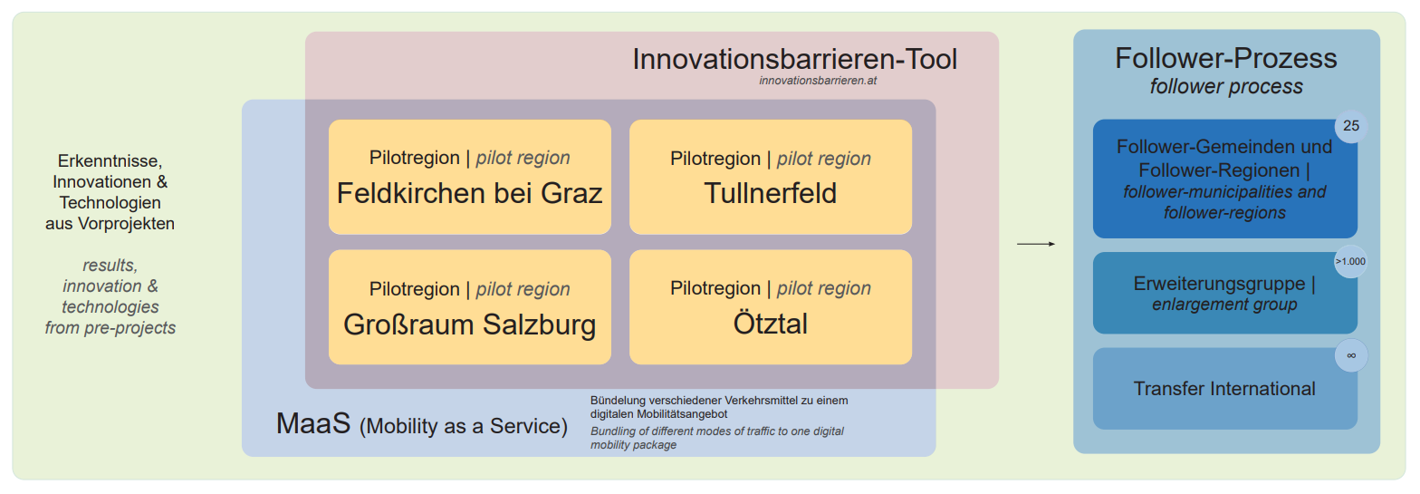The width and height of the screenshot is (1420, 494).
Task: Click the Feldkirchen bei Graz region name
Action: coord(469,193)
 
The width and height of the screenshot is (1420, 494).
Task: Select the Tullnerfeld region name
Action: coord(770,193)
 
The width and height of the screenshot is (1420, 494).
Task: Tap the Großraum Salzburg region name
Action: coord(470,324)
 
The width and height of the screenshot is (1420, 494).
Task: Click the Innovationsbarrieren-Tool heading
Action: coord(795,59)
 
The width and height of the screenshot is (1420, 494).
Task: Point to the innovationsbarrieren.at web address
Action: coord(818,81)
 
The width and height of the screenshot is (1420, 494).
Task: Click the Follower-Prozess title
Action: coord(1226,58)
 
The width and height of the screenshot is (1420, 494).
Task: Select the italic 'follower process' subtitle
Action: coord(1226,86)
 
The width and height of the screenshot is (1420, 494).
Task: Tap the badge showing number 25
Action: coord(1351,126)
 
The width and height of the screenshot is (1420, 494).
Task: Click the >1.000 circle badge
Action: coord(1351,261)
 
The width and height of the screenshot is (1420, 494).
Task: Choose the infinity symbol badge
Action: coord(1351,355)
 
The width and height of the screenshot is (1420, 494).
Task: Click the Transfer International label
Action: coord(1224,389)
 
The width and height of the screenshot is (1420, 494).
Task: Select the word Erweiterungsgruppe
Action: coord(1219,284)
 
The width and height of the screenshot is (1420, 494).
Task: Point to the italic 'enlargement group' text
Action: coord(1224,305)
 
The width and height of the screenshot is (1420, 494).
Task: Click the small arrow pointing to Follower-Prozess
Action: coord(1036,244)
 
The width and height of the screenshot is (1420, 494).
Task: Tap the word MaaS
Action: coord(313,423)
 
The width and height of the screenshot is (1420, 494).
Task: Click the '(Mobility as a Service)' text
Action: coord(464,425)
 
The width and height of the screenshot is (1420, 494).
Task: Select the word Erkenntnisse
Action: coord(110,160)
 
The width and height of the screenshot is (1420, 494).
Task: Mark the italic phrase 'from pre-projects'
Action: coord(110,328)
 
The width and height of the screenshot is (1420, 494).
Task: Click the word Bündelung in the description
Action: coord(618,400)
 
